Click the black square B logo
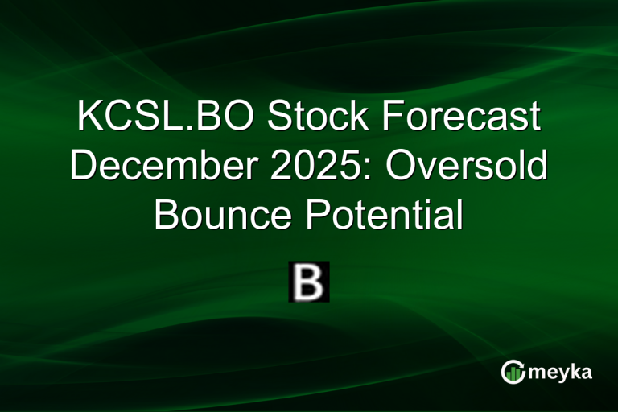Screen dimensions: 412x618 pyautogui.click(x=309, y=282)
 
